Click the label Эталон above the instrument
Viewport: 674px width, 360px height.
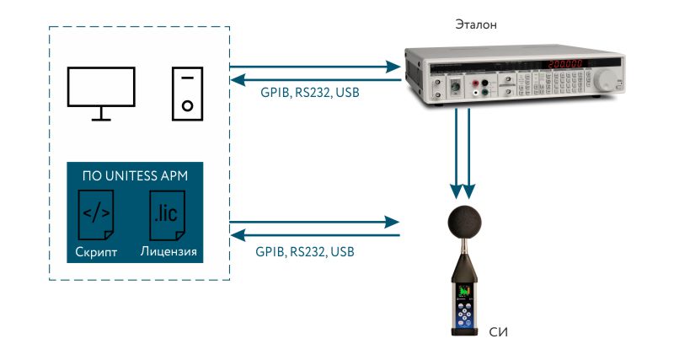coord(475,24)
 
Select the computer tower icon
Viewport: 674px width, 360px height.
coord(187,92)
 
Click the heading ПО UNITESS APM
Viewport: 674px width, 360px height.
coord(135,176)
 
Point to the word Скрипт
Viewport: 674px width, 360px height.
coord(96,253)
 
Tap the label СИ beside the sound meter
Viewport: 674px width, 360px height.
coord(499,330)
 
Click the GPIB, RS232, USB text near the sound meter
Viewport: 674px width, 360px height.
coord(305,251)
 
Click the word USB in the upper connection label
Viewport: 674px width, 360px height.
coord(347,92)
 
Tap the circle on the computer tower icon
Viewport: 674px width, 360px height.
coord(187,107)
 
